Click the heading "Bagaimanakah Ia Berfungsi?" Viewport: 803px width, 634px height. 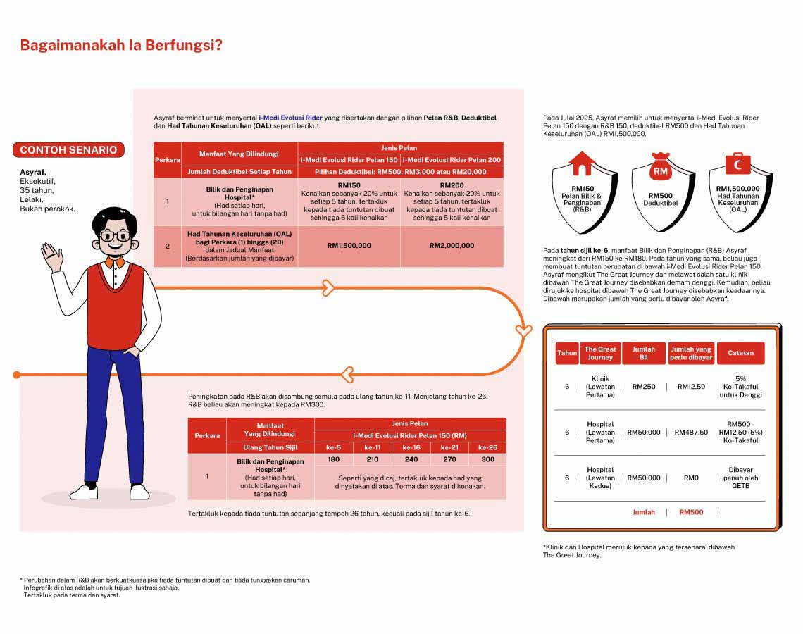[x=121, y=46]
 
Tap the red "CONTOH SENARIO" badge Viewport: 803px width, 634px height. [x=68, y=150]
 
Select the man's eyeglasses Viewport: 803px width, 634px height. [x=115, y=236]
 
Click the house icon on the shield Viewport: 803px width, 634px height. [x=581, y=165]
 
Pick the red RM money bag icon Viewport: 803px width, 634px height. [x=660, y=167]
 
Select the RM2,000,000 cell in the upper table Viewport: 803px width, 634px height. [x=452, y=246]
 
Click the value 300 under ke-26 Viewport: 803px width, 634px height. [x=487, y=459]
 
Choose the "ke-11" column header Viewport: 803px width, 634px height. [x=373, y=447]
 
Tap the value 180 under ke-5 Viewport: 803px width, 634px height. [x=333, y=459]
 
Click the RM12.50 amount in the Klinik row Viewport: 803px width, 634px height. [x=691, y=387]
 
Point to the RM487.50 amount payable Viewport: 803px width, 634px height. [x=691, y=432]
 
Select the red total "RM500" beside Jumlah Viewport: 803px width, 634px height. [x=691, y=512]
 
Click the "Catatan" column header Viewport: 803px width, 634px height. [x=740, y=353]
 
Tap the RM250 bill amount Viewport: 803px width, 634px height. [x=643, y=387]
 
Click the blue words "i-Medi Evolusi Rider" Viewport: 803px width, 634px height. [x=290, y=118]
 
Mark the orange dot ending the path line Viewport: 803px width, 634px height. [x=17, y=375]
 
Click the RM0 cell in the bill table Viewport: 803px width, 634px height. [x=691, y=478]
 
